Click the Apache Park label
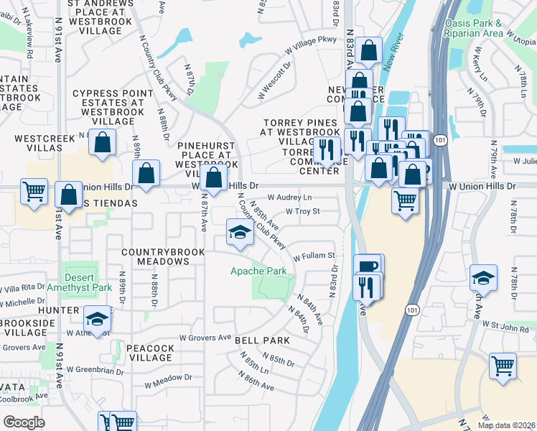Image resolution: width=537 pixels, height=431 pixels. click(x=258, y=271)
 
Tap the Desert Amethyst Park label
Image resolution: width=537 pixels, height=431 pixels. click(x=88, y=282)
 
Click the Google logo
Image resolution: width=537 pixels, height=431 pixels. click(x=24, y=422)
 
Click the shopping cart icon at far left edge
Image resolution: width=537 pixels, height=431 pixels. click(x=34, y=192)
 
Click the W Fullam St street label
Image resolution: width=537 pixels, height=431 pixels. click(x=313, y=256)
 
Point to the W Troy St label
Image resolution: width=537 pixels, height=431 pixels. click(x=302, y=211)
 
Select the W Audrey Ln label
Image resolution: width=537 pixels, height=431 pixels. click(x=290, y=197)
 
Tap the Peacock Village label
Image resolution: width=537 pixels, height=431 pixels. click(x=150, y=348)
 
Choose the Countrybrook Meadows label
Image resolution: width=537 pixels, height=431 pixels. click(x=155, y=256)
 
